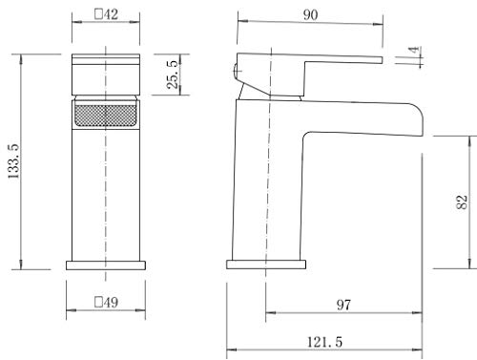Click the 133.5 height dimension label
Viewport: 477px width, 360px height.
click(x=13, y=161)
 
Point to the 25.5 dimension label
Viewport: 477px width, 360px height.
click(x=173, y=74)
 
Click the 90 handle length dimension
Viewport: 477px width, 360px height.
click(x=310, y=14)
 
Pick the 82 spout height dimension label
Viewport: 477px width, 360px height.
click(x=462, y=201)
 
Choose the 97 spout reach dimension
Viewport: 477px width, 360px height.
click(x=343, y=305)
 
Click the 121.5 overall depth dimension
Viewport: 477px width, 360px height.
click(x=324, y=342)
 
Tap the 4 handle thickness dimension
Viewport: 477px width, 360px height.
click(x=414, y=51)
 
